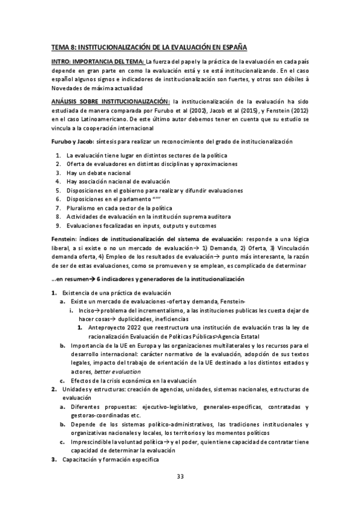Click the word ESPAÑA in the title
click(x=231, y=46)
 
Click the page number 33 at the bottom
click(x=180, y=477)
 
